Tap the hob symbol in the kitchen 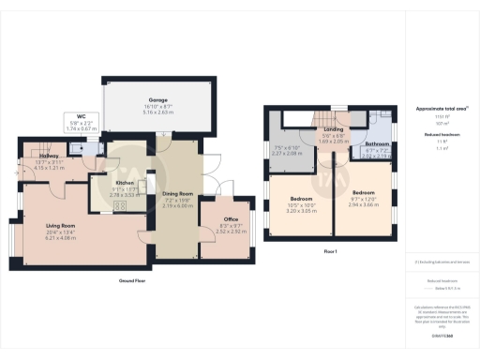[120, 205]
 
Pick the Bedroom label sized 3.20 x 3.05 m [302, 200]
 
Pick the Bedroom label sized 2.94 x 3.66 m [366, 200]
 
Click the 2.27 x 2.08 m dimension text [288, 153]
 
